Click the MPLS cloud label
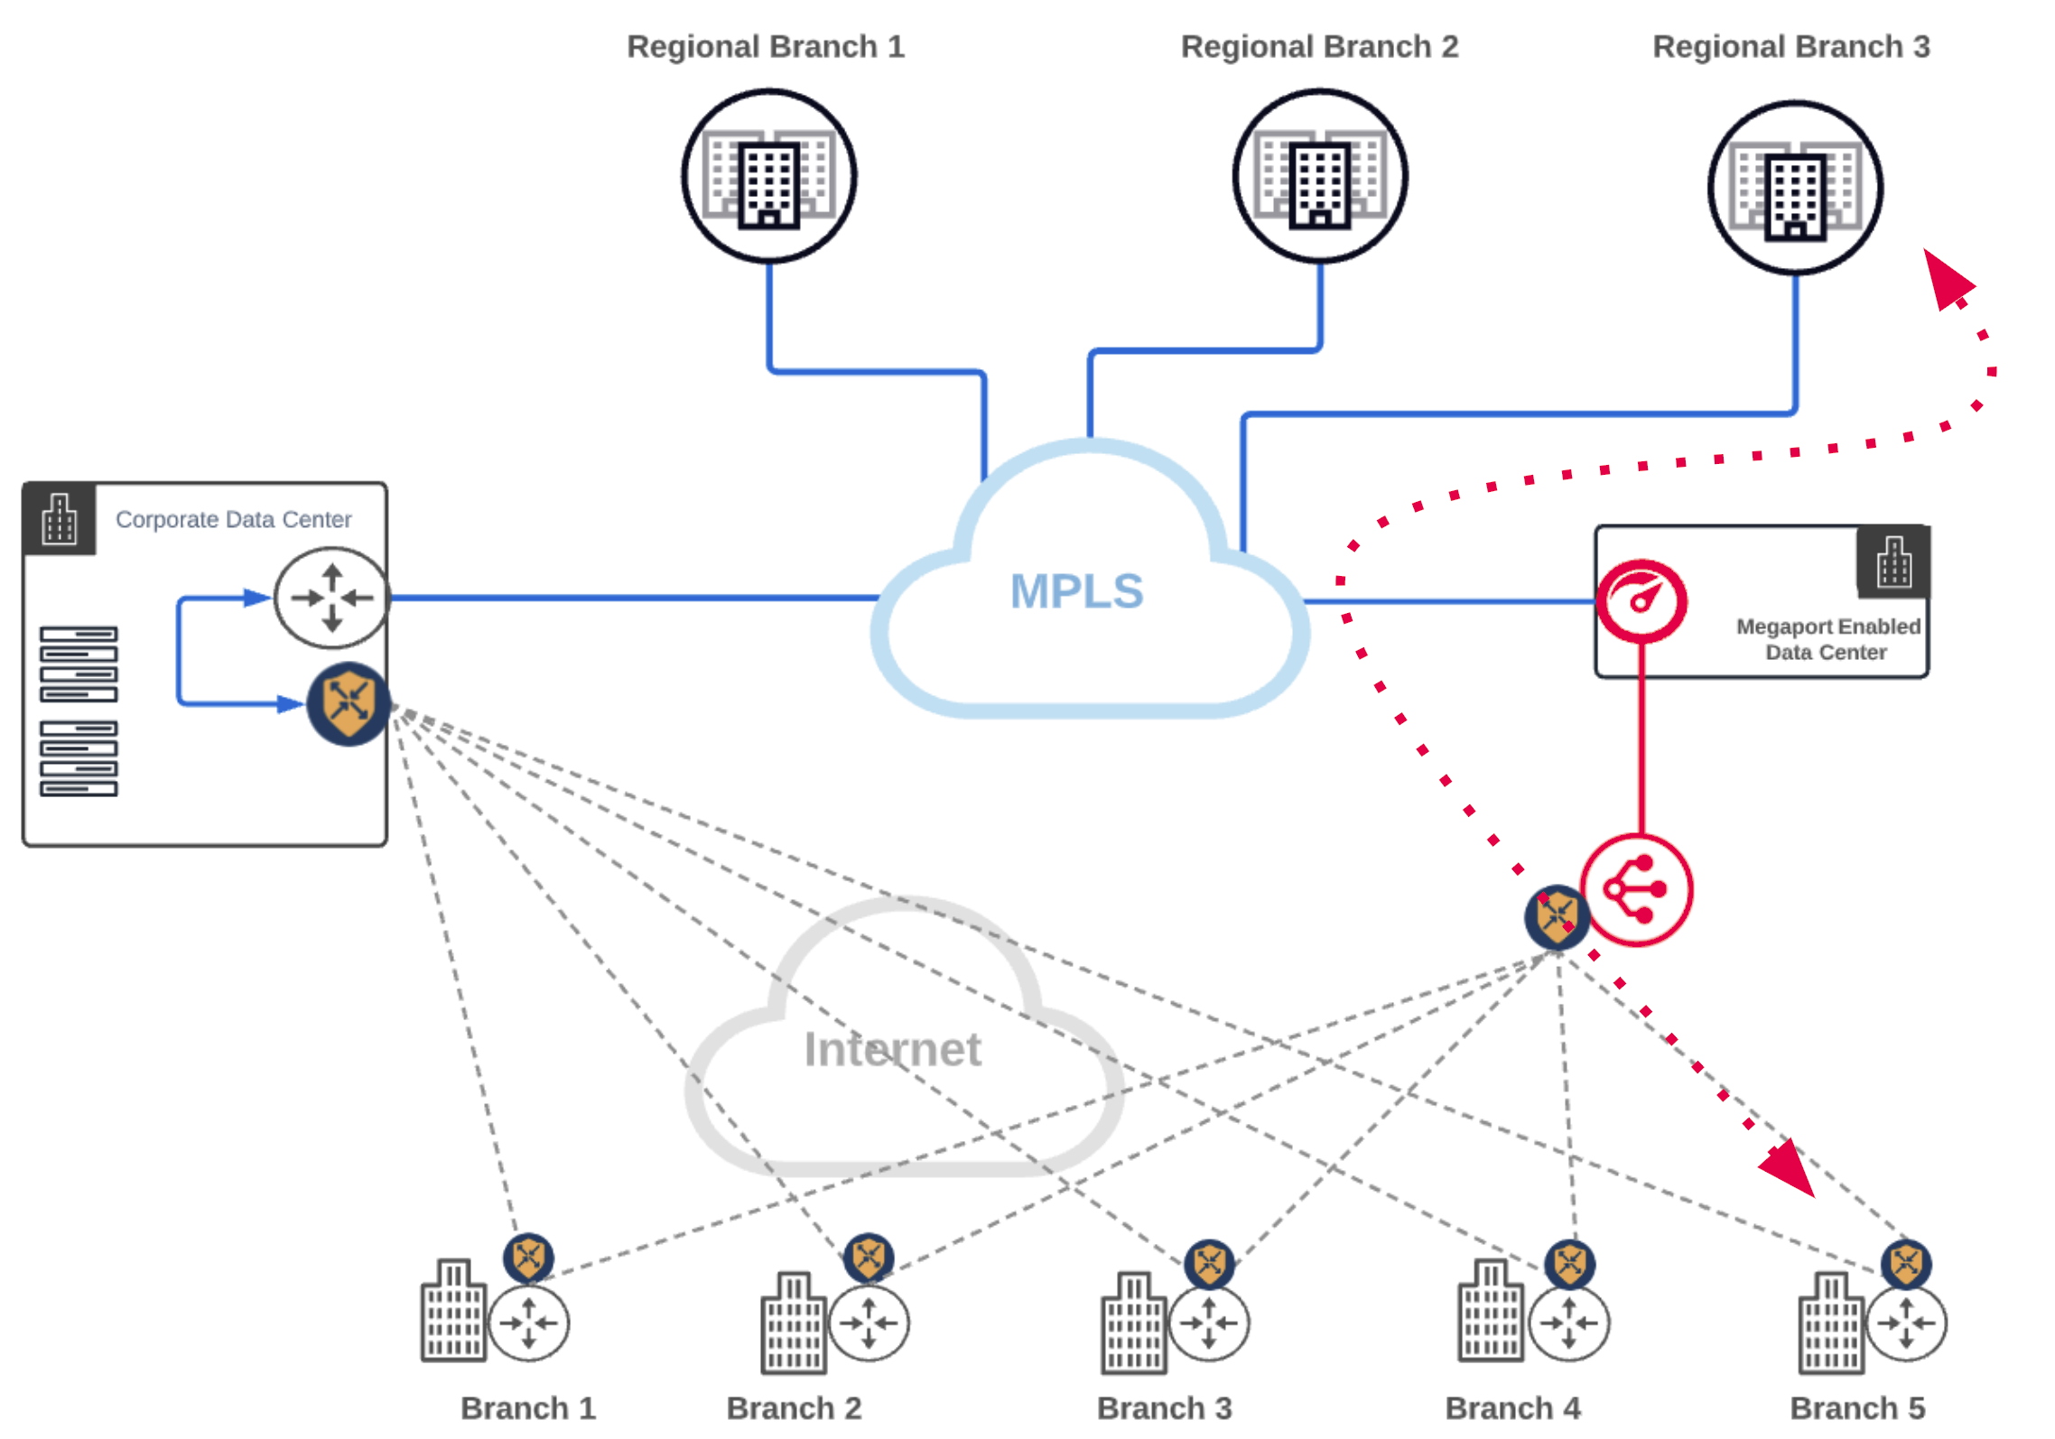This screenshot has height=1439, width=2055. tap(1076, 591)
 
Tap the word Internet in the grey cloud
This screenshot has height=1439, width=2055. tap(892, 1049)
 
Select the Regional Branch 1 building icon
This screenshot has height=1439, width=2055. tap(769, 176)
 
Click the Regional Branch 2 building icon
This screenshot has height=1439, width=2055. tap(1320, 176)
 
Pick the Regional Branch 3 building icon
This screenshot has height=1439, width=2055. tap(1795, 188)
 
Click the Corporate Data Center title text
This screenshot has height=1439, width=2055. tap(233, 519)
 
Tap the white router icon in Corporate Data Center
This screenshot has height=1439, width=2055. tap(331, 598)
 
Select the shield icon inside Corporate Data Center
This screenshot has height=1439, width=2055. tap(349, 704)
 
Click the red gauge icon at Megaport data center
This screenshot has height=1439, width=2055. tap(1641, 600)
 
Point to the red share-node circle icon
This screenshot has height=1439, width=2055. tap(1636, 890)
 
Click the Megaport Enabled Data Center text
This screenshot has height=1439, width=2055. tap(1827, 639)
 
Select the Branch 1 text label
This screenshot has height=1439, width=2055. tap(528, 1407)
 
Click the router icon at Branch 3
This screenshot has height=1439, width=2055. tap(1209, 1323)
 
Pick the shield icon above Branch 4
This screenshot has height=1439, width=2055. tap(1569, 1264)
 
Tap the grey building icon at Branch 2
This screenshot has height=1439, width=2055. tap(794, 1323)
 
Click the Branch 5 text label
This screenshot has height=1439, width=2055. tap(1857, 1407)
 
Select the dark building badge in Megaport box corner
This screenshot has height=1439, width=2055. tap(1893, 562)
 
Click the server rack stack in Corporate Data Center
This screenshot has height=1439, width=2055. tap(79, 710)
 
